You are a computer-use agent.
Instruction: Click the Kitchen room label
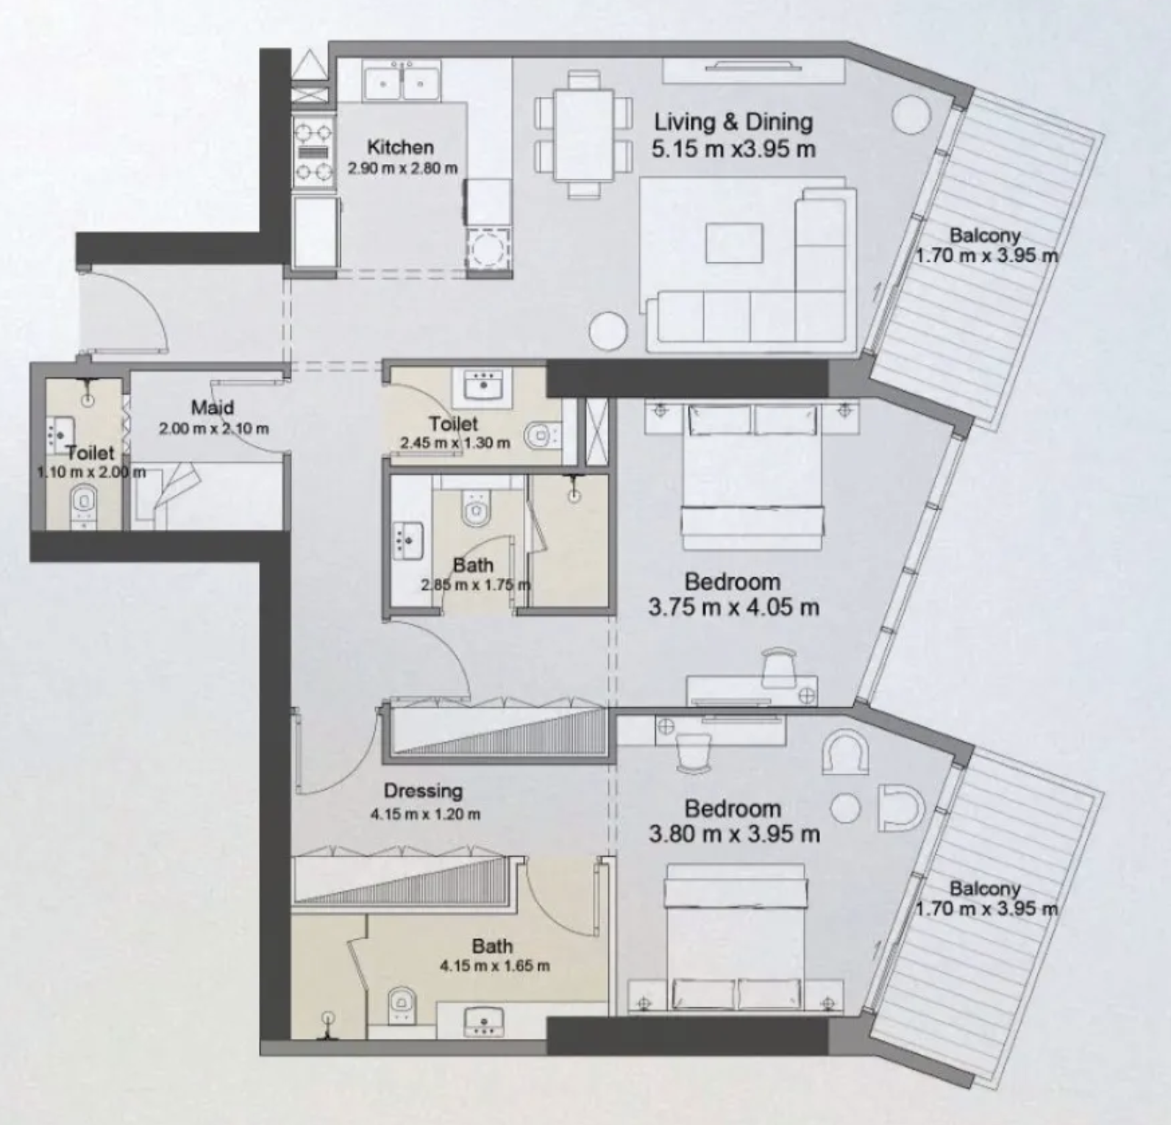click(400, 146)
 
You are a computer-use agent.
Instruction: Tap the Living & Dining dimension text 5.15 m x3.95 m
click(733, 149)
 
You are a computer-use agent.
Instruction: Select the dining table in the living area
click(584, 134)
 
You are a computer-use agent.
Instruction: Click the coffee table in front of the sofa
click(734, 243)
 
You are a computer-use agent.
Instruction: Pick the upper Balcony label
click(985, 235)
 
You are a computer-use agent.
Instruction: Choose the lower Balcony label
click(985, 888)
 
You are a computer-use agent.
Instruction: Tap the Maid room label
click(213, 407)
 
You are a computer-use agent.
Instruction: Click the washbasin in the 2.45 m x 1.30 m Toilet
click(483, 386)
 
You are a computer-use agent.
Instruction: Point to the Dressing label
click(423, 791)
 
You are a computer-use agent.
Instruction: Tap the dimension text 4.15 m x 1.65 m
click(494, 965)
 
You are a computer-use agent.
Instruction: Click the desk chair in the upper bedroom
click(779, 666)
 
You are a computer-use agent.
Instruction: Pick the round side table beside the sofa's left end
click(608, 331)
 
